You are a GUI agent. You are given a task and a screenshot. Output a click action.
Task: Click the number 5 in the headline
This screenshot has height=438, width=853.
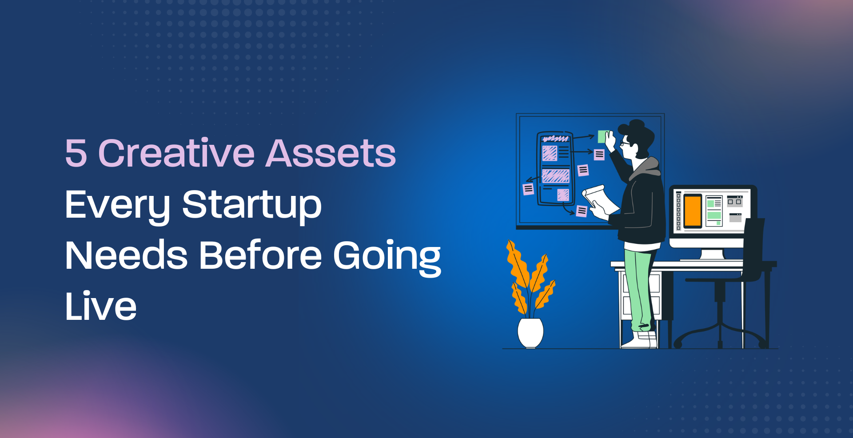76,153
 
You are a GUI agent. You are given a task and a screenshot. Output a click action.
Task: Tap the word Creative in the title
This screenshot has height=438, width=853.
176,153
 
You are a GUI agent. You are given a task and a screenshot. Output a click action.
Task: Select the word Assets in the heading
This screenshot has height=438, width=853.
331,153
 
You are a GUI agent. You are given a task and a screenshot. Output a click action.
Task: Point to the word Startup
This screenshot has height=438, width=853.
252,205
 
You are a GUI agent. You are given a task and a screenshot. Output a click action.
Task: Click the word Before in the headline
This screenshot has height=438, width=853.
260,255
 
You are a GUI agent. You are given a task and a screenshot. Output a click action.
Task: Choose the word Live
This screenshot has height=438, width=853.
101,306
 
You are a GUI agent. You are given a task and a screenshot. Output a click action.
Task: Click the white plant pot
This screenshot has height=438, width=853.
530,333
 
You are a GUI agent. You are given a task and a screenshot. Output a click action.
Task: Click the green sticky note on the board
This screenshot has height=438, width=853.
603,136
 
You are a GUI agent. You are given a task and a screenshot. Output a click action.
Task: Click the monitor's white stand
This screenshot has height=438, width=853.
712,255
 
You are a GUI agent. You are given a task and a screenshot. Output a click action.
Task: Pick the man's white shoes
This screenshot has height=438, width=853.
640,340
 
